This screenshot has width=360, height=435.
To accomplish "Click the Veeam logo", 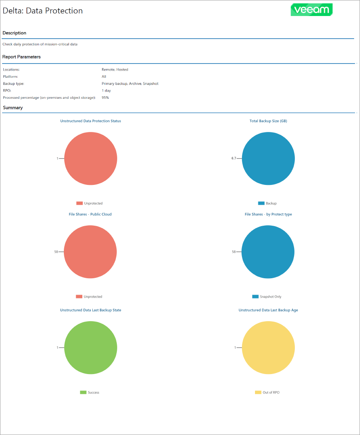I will click(311, 10).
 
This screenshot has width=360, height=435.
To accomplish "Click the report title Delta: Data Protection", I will click(43, 11).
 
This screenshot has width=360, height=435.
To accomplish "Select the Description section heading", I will click(14, 33).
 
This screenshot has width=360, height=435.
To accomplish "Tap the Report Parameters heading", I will click(21, 57).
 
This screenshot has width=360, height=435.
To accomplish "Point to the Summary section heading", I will click(13, 108).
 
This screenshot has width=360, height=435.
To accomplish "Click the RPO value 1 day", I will click(106, 90).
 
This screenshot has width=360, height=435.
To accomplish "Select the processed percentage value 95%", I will click(105, 98).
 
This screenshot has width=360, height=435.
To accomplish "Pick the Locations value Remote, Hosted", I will click(115, 69).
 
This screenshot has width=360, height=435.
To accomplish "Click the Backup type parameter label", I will click(13, 84).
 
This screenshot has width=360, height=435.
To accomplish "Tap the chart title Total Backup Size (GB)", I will click(268, 121).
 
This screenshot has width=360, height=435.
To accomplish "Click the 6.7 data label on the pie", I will click(234, 158).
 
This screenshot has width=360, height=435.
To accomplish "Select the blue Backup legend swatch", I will click(261, 203).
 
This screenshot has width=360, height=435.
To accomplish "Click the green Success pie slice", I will click(90, 348).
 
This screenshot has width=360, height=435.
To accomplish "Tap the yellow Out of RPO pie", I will click(268, 348).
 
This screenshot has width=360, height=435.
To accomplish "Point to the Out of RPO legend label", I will click(271, 393).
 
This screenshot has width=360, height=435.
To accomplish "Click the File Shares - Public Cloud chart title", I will click(90, 214).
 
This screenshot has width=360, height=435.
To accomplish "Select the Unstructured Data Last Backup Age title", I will click(268, 310).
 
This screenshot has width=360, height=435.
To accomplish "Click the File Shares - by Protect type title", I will click(268, 214).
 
